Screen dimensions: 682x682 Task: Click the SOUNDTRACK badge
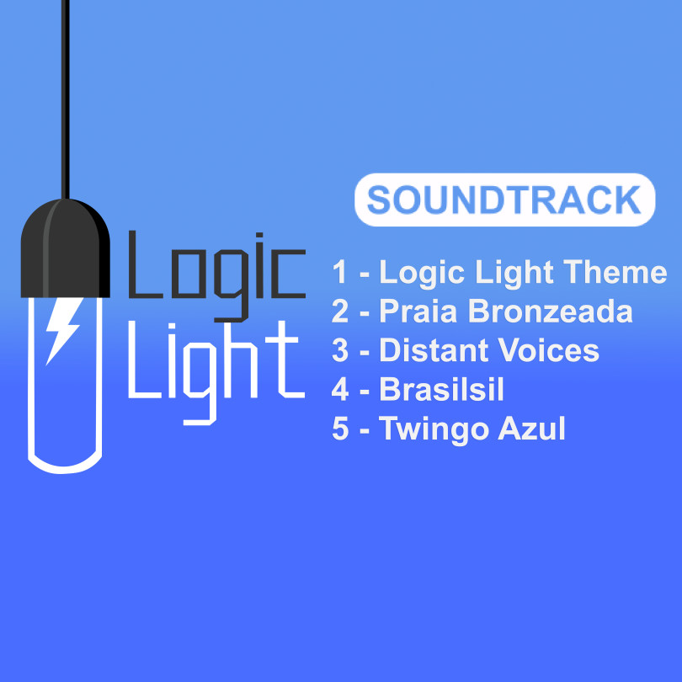[x=504, y=200]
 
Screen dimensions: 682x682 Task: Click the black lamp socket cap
[x=65, y=248]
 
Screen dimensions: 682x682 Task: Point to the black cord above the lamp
[x=65, y=99]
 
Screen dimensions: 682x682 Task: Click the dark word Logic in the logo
[x=216, y=277]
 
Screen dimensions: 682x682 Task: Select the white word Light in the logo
[x=216, y=373]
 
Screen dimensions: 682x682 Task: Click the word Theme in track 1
[x=615, y=272]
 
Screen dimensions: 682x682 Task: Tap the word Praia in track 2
[x=418, y=312]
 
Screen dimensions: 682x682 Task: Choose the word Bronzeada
[x=550, y=312]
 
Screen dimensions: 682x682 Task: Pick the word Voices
[x=549, y=350]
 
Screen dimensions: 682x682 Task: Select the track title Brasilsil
[x=441, y=389]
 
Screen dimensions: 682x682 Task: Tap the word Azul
[x=531, y=429]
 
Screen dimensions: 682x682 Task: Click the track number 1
[x=339, y=272]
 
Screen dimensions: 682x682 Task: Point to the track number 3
[x=340, y=350]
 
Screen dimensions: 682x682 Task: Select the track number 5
[x=340, y=429]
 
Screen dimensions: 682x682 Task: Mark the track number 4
[x=340, y=389]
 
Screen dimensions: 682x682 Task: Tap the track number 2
[x=340, y=312]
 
